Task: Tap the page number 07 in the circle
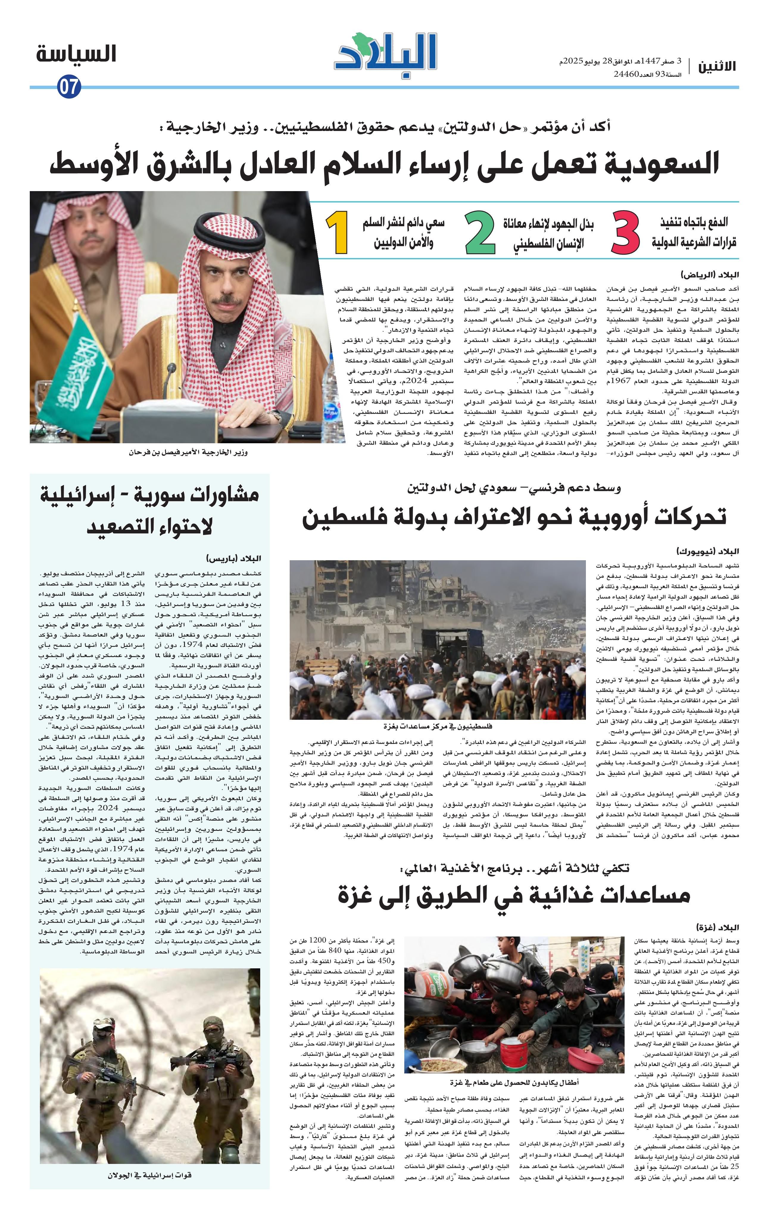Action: [68, 87]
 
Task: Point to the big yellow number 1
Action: [336, 233]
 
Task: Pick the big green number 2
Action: [479, 233]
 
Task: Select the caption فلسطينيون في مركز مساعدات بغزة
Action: [438, 726]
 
